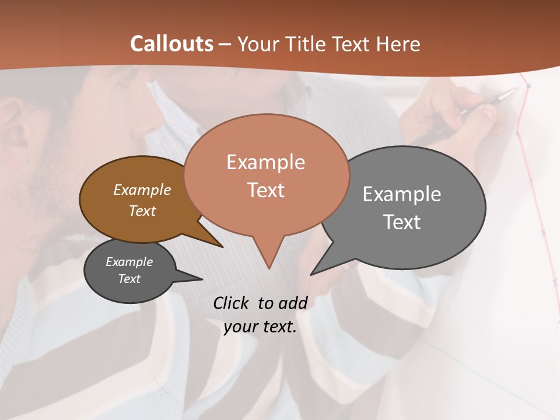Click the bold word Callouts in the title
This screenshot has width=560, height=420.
click(171, 44)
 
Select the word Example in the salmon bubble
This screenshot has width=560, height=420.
click(265, 162)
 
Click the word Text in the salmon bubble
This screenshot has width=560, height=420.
click(265, 190)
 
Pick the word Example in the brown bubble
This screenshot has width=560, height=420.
click(142, 190)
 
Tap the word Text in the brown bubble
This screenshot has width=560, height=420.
click(142, 211)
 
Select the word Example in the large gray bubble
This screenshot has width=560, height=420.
click(401, 194)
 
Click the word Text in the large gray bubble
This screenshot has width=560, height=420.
click(402, 222)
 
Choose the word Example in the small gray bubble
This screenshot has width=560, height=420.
click(129, 262)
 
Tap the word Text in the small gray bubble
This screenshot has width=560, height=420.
click(129, 279)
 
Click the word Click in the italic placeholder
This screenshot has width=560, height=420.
click(232, 303)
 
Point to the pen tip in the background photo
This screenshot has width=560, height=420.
click(515, 90)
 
